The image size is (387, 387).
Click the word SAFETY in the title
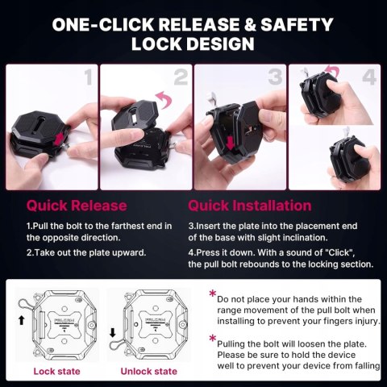pos(297,24)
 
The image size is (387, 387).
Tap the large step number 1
pos(89,77)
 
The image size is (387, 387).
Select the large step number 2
pos(181,77)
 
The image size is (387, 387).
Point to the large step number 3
pos(275,77)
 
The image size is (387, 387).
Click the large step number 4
pos(369,77)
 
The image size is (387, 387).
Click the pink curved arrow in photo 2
pos(164,99)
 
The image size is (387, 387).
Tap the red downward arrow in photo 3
pos(230,143)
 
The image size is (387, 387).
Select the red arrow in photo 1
pos(59,139)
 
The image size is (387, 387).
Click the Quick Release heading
pos(77,206)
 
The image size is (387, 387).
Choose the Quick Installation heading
pos(250,206)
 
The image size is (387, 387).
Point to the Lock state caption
pos(56,372)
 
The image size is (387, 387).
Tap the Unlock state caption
pos(149,372)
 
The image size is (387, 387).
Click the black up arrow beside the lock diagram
pos(22,320)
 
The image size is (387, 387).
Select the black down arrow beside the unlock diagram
pos(113,333)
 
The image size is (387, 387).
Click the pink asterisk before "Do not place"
pos(213,293)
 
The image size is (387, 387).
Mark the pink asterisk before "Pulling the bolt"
pos(213,338)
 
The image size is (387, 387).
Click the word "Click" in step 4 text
pos(339,252)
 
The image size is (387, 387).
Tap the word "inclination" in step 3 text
pos(301,238)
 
